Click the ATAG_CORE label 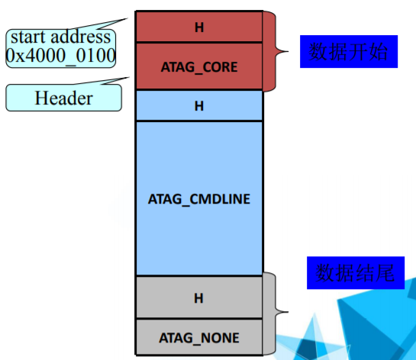click(x=199, y=67)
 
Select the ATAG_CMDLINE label click(x=199, y=198)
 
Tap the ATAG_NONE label click(x=199, y=337)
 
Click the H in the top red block click(x=199, y=27)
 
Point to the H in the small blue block click(x=199, y=106)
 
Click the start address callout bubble click(x=61, y=46)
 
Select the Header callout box click(x=63, y=98)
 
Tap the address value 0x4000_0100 click(x=61, y=55)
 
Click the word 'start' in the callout click(x=31, y=37)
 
